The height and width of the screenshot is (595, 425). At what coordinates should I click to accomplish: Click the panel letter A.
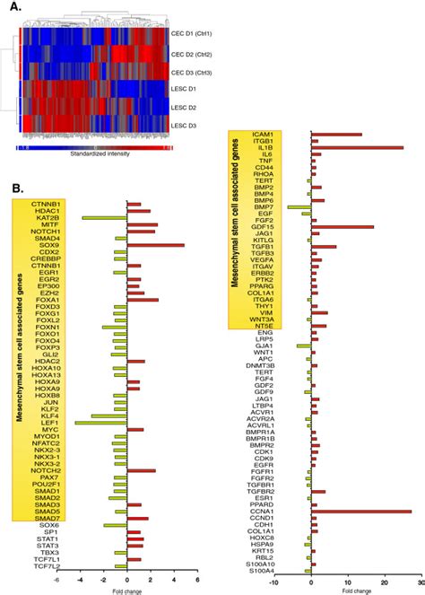pos(12,8)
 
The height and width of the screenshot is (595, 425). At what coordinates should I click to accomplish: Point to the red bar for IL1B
pos(357,147)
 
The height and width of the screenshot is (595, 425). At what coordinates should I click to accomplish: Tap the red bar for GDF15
pos(342,227)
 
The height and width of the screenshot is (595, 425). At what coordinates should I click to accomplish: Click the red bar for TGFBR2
pos(318,492)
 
